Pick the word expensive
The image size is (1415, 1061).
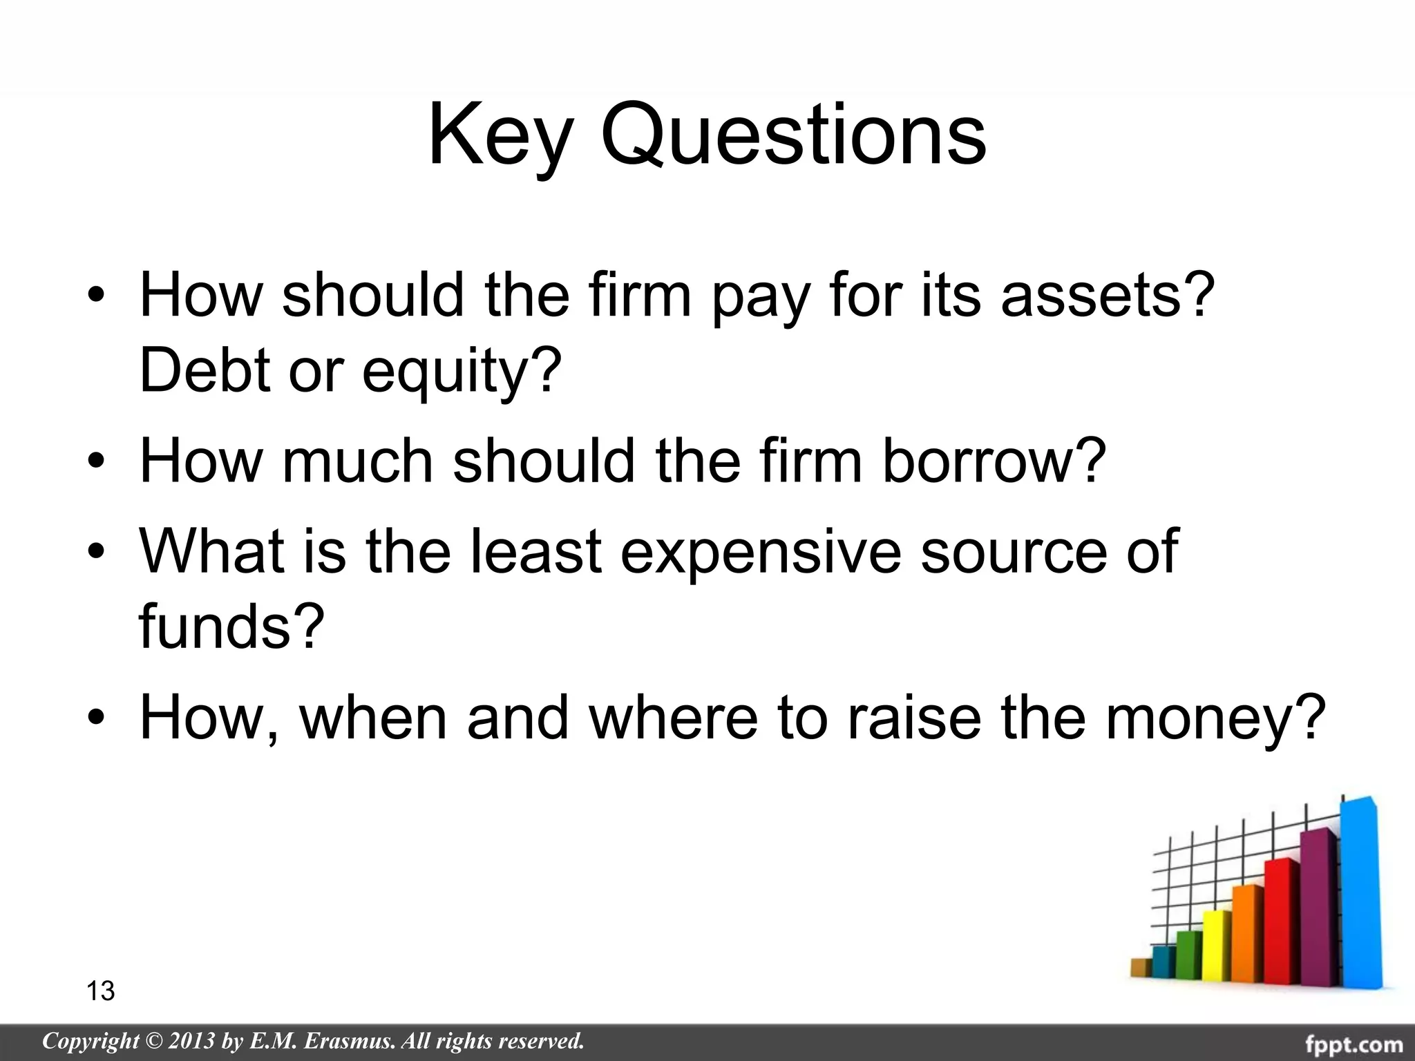coord(761,553)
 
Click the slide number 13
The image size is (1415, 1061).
coord(101,991)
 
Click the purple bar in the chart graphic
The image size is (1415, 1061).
coord(1318,912)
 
